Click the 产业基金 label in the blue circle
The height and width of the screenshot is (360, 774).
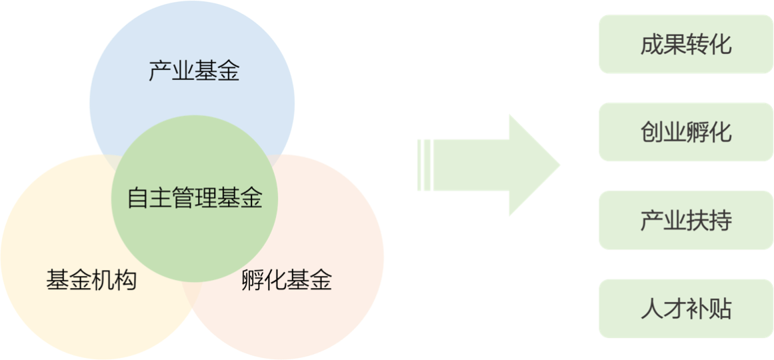(193, 71)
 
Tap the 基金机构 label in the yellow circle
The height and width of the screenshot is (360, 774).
(91, 280)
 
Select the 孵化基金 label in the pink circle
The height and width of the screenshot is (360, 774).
(286, 280)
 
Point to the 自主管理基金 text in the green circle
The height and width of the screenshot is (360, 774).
(195, 198)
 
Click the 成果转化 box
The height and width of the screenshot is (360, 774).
(685, 44)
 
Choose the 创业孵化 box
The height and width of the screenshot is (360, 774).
(685, 132)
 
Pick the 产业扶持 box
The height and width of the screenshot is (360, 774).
(685, 220)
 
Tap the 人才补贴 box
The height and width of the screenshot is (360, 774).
(685, 309)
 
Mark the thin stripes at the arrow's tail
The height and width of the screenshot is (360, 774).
(425, 165)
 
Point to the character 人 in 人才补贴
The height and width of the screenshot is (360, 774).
(651, 309)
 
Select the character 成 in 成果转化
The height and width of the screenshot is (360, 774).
(651, 44)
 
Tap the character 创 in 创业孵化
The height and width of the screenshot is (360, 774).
(651, 132)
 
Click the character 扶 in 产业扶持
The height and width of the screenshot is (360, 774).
(697, 220)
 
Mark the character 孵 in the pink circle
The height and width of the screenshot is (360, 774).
(253, 280)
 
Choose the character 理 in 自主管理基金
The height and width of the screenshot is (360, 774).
(206, 198)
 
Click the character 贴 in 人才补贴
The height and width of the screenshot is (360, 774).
(720, 309)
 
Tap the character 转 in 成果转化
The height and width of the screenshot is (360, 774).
(697, 44)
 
